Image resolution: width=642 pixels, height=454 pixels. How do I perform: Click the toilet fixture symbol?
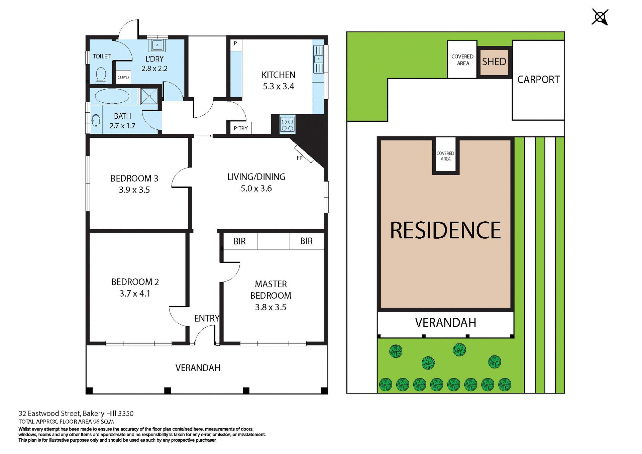(101, 75)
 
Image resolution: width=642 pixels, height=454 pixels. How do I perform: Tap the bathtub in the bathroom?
(112, 96)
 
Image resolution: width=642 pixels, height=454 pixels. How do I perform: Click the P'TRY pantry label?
(241, 128)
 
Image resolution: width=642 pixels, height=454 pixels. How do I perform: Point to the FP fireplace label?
(300, 158)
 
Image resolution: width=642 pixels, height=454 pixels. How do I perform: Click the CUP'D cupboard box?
(123, 78)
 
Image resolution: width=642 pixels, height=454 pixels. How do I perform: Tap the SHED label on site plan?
(494, 62)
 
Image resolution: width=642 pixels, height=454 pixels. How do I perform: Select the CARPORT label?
(538, 80)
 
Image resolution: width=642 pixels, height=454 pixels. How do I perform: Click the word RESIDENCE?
(445, 230)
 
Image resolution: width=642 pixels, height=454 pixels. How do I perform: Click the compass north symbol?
(600, 17)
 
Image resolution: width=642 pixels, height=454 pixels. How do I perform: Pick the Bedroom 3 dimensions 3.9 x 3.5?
(134, 190)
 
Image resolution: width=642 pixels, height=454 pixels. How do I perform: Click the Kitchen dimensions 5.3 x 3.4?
(278, 87)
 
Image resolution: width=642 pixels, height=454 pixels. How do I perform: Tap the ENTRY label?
(207, 318)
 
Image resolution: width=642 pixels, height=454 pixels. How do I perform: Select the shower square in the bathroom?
(149, 96)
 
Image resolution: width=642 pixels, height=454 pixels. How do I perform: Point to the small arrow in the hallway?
(203, 136)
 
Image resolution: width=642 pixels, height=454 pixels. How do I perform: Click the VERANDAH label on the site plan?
(445, 323)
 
